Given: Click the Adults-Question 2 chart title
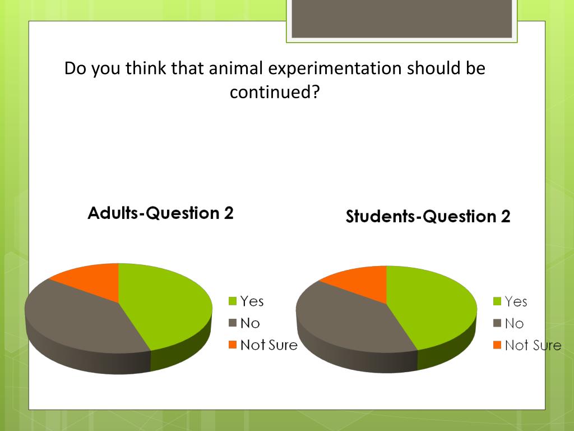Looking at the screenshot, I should pyautogui.click(x=160, y=213).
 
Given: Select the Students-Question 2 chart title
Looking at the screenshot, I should pyautogui.click(x=428, y=217).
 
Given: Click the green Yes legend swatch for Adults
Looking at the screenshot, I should pyautogui.click(x=233, y=302).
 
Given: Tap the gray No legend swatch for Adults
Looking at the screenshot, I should pyautogui.click(x=233, y=323).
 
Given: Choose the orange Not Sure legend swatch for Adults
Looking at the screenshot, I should pyautogui.click(x=233, y=345).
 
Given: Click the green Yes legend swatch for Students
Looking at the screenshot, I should pyautogui.click(x=497, y=302).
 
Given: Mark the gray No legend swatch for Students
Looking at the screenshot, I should pyautogui.click(x=497, y=324).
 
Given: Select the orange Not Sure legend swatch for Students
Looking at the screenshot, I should pyautogui.click(x=497, y=346).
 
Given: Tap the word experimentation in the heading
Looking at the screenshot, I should pyautogui.click(x=335, y=69).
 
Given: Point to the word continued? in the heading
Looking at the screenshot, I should pyautogui.click(x=274, y=91).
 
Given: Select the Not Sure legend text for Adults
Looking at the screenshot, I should pyautogui.click(x=269, y=345).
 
